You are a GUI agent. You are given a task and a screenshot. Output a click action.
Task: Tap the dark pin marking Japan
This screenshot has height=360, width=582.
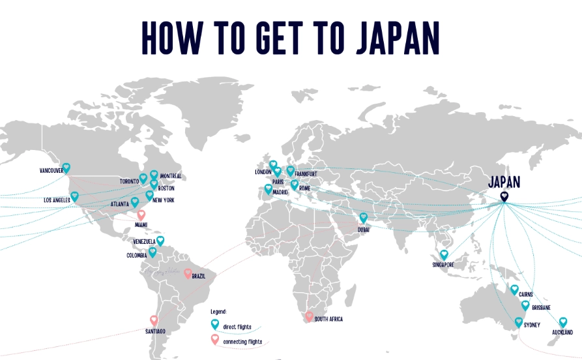504,196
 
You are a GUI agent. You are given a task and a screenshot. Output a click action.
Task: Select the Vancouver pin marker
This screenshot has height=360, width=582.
66,168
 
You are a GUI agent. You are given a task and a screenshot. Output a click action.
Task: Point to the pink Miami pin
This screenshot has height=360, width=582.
141,215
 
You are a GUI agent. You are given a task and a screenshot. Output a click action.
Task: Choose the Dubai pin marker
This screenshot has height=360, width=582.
364,217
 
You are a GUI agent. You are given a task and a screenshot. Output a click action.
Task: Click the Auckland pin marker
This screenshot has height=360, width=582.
563,322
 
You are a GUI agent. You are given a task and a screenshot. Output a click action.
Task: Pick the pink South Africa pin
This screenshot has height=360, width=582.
309,316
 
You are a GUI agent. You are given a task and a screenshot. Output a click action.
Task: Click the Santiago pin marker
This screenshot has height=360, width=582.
154,320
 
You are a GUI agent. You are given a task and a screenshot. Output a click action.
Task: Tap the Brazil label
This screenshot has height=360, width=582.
199,277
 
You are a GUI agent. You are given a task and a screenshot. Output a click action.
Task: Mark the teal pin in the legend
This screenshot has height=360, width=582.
215,323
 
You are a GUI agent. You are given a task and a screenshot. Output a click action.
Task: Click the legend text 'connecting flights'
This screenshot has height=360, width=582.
242,342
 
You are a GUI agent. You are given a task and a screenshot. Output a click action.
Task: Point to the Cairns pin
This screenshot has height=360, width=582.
514,290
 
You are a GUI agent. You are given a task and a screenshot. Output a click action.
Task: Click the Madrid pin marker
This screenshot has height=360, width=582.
268,189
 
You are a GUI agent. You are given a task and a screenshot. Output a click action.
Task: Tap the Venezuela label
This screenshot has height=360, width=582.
144,241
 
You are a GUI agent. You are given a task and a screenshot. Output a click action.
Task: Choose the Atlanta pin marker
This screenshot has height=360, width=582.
135,202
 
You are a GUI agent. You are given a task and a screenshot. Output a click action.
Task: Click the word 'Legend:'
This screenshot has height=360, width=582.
219,312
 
